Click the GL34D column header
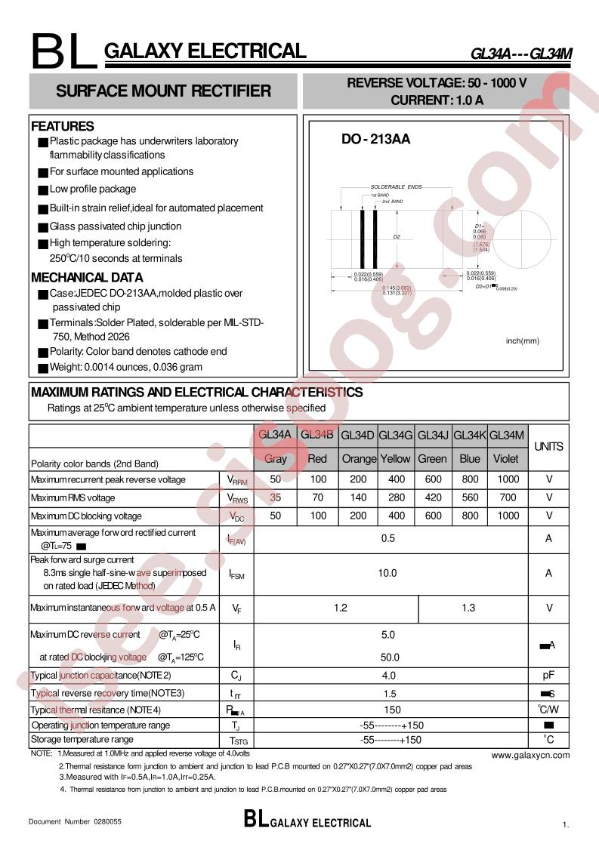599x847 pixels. [357, 435]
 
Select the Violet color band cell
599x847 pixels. [505, 458]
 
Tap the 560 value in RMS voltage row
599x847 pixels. [469, 497]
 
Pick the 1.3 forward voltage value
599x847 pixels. [468, 608]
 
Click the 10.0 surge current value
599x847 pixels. [387, 573]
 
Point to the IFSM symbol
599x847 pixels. [236, 574]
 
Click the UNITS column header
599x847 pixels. [548, 446]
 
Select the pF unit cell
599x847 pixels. [548, 675]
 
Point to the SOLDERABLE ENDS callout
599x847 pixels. [396, 186]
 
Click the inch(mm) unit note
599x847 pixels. [523, 340]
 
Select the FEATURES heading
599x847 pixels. [63, 126]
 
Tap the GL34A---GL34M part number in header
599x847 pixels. [521, 54]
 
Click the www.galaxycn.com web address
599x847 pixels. [530, 754]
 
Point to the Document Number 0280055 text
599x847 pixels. [75, 820]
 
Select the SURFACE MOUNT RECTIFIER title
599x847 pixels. [163, 91]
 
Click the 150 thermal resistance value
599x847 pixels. [392, 710]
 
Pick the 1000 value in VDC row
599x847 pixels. [508, 516]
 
